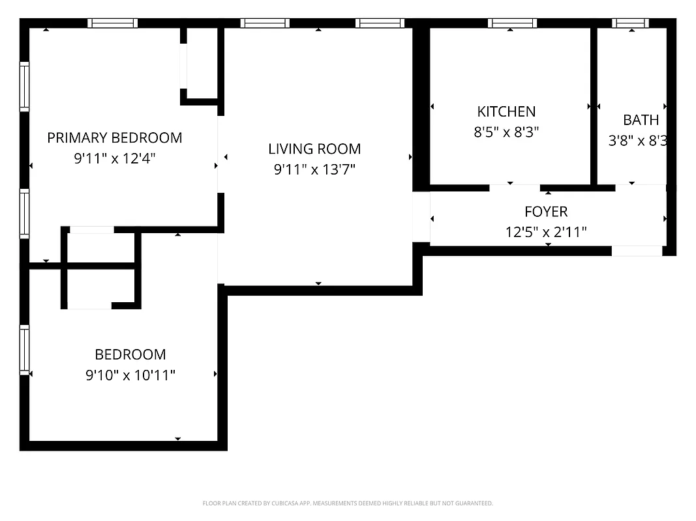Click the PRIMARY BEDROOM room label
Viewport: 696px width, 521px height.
[114, 137]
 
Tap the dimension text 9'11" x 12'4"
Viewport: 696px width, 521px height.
[114, 158]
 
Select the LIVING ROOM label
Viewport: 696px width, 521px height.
[314, 148]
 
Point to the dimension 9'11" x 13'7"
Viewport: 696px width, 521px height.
[314, 170]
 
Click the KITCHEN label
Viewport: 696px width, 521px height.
[506, 111]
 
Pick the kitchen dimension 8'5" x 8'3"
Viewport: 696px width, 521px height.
[506, 132]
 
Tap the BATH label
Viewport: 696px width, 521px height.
[641, 120]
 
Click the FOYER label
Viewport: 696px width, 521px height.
[546, 212]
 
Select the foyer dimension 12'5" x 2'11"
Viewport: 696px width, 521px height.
[546, 232]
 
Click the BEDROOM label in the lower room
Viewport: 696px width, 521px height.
[130, 354]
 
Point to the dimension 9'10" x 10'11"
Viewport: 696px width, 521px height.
[130, 375]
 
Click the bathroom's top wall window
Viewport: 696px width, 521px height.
[630, 23]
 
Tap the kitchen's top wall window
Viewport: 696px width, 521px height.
[512, 23]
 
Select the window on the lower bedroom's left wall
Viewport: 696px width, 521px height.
[25, 350]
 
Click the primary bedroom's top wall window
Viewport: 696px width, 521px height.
[113, 23]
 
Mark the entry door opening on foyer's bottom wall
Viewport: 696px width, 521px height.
[637, 251]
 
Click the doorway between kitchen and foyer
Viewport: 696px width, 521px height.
[515, 188]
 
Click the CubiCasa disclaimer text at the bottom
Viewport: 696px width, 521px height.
[348, 503]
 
